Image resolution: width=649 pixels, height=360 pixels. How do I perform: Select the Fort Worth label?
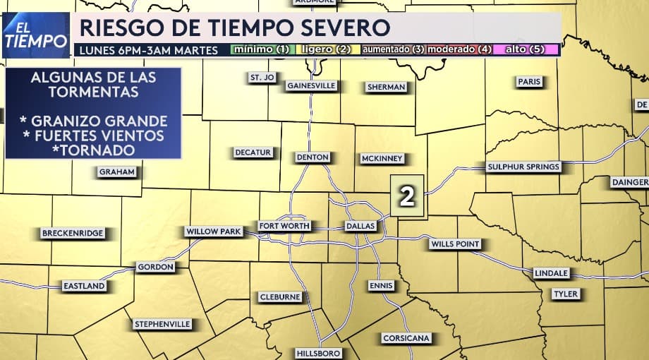[x=284, y=226]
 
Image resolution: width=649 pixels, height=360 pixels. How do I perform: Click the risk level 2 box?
[x=407, y=197]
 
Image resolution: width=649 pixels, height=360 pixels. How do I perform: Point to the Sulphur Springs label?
[x=523, y=167]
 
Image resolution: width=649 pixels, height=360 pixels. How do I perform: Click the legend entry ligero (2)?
[x=326, y=50]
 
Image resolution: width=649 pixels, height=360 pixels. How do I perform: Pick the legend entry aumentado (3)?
[x=392, y=50]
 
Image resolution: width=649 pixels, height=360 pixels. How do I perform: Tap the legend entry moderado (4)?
[x=459, y=50]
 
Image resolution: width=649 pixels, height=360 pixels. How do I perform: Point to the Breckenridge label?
[x=73, y=233]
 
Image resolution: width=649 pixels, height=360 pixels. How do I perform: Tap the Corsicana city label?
[x=406, y=338]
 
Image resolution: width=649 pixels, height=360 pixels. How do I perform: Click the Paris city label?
[x=529, y=82]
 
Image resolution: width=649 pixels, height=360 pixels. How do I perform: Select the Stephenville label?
[x=162, y=324]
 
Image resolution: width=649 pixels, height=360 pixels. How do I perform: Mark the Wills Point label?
[x=455, y=244]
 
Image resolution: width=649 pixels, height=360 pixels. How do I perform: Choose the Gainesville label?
[x=311, y=86]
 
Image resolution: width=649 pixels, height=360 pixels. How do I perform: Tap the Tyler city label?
[x=565, y=294]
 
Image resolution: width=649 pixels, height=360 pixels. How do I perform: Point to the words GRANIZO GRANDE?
[x=94, y=121]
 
